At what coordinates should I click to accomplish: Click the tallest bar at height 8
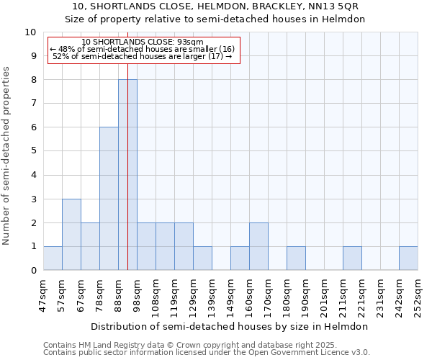point(127,175)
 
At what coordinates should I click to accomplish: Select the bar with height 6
point(109,199)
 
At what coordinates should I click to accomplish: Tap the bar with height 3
point(71,235)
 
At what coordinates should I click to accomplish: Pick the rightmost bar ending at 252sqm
point(408,258)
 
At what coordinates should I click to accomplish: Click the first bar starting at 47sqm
point(53,258)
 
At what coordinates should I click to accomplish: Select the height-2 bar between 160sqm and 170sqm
point(258,247)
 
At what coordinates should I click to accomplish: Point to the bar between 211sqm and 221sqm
point(352,258)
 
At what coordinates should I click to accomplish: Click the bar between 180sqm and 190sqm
point(296,258)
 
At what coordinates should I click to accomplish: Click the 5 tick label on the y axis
point(33,151)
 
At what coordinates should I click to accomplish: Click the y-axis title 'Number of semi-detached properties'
point(7,156)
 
